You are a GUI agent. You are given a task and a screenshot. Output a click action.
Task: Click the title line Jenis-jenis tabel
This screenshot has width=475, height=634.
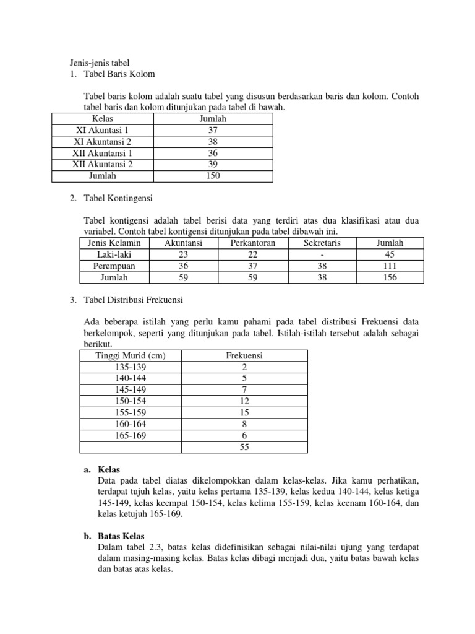point(99,63)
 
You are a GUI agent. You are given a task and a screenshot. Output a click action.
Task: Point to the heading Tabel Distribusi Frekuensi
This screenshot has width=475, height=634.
point(132,300)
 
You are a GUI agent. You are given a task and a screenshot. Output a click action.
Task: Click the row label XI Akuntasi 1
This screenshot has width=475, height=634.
point(103,130)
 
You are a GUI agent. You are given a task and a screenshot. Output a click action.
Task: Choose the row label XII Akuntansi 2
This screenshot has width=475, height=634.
point(103,164)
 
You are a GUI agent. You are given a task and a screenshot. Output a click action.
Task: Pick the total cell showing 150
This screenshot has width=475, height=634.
point(213,176)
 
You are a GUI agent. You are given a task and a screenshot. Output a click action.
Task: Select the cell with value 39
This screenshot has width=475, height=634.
point(213,164)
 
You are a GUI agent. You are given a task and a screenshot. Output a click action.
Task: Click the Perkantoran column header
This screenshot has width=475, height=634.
point(252,243)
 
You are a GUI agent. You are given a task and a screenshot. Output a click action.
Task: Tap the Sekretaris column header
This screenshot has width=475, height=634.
point(322,243)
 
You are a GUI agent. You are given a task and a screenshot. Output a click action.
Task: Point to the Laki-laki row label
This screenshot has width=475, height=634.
point(114,254)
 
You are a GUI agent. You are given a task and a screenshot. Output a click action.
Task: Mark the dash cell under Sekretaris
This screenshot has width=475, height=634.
point(322,254)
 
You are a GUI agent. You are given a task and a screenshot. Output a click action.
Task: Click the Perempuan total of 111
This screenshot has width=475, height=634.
point(390,266)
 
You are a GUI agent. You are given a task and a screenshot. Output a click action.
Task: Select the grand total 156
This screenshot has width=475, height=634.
point(390,277)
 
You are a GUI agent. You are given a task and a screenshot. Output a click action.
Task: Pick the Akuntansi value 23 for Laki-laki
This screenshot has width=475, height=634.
point(183,254)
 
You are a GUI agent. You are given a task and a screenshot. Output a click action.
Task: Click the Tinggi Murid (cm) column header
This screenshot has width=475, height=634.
point(131,355)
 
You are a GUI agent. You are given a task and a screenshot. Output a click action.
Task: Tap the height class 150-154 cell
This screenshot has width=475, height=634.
point(131,401)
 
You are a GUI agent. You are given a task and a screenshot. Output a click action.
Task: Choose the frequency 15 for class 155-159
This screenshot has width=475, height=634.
point(244,412)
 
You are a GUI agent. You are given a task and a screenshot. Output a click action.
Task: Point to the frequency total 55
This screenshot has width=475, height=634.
point(244,447)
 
